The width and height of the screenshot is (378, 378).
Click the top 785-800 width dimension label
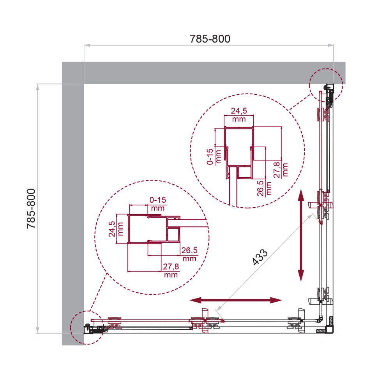[210, 39]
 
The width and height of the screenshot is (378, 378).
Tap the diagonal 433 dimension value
[260, 258]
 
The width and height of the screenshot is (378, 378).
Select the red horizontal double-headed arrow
[236, 300]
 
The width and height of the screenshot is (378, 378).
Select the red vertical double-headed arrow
[301, 235]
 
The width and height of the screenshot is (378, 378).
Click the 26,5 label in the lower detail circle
[189, 251]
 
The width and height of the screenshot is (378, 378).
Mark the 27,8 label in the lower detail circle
[171, 267]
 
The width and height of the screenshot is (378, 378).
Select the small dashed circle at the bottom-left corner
[86, 328]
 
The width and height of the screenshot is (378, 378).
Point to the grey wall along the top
[203, 73]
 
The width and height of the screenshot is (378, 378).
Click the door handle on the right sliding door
[314, 204]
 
